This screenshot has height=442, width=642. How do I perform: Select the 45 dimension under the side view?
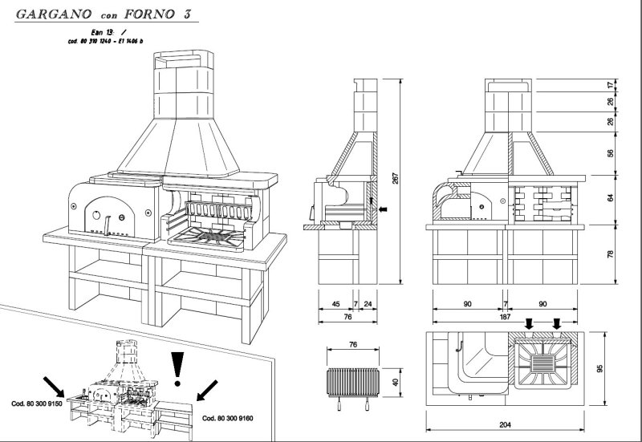click(335, 303)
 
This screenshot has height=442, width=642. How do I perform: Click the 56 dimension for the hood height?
click(612, 153)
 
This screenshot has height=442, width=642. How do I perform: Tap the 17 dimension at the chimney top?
click(612, 84)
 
